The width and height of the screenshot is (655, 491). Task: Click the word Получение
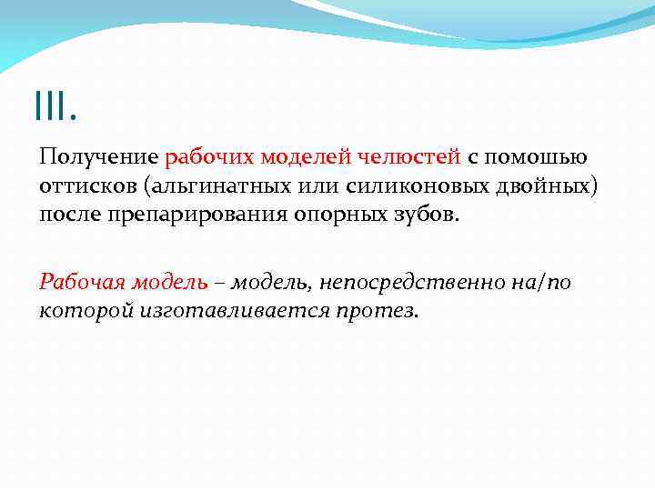[x=98, y=157]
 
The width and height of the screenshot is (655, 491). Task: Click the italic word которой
[x=86, y=311]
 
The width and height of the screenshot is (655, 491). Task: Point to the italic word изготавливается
[x=237, y=311]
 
